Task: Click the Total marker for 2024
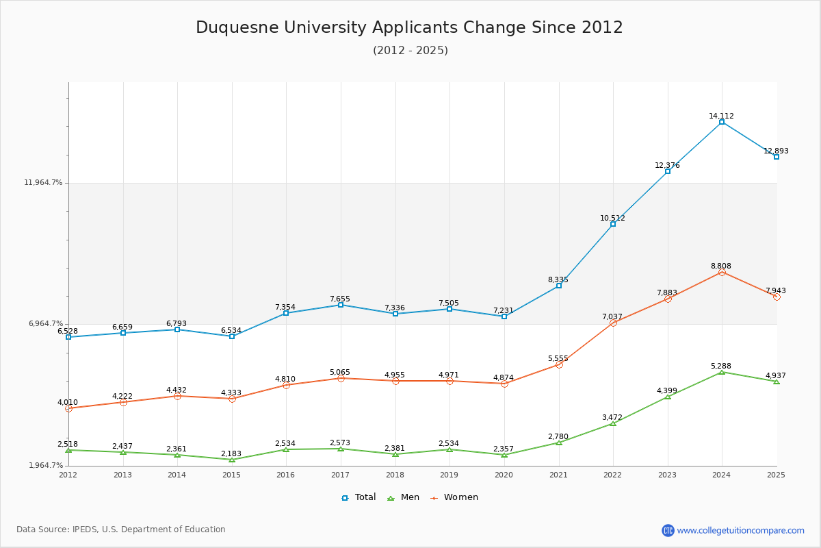pyautogui.click(x=722, y=122)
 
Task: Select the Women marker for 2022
pyautogui.click(x=613, y=323)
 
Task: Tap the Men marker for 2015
pyautogui.click(x=232, y=460)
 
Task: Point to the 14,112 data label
pyautogui.click(x=721, y=116)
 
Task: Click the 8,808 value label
pyautogui.click(x=721, y=266)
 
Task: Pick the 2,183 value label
pyautogui.click(x=231, y=453)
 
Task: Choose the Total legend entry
pyautogui.click(x=359, y=497)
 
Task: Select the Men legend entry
pyautogui.click(x=403, y=497)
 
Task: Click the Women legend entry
pyautogui.click(x=454, y=497)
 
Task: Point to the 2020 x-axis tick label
pyautogui.click(x=504, y=475)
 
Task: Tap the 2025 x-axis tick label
pyautogui.click(x=776, y=475)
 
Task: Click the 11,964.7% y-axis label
pyautogui.click(x=43, y=182)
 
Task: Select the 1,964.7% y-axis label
pyautogui.click(x=47, y=465)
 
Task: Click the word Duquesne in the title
pyautogui.click(x=237, y=28)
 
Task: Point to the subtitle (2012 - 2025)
pyautogui.click(x=410, y=50)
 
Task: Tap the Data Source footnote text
pyautogui.click(x=121, y=530)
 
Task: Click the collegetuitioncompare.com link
pyautogui.click(x=741, y=530)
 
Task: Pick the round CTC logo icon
pyautogui.click(x=668, y=530)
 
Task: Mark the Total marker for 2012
pyautogui.click(x=68, y=337)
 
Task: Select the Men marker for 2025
pyautogui.click(x=777, y=382)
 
